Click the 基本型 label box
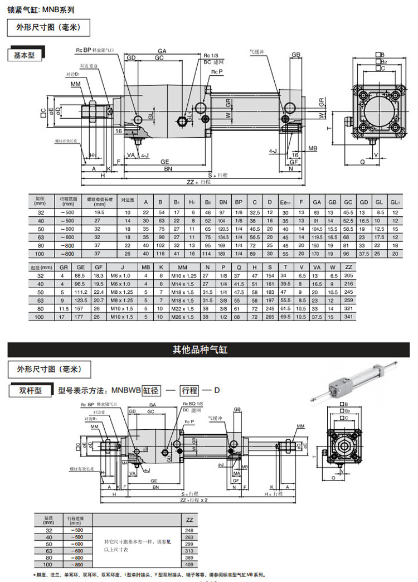[24, 55]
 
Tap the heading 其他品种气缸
[208, 350]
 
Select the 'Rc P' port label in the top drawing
[216, 72]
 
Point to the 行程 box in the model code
[190, 390]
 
